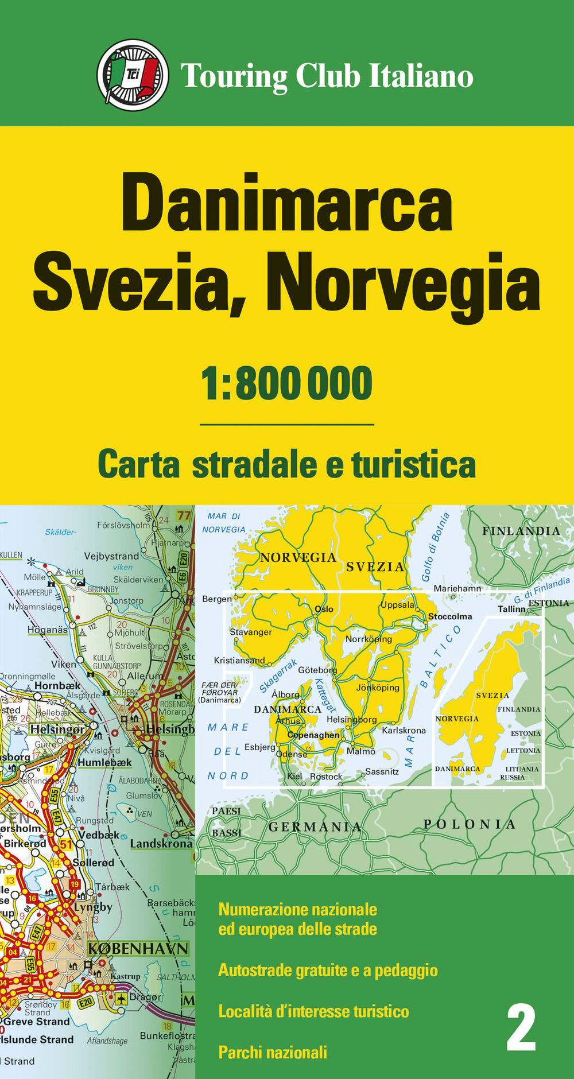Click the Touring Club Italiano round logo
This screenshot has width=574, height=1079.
133,75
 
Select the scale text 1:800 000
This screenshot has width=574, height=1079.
286,383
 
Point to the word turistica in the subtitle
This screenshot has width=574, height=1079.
413,465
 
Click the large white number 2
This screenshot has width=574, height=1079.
521,1028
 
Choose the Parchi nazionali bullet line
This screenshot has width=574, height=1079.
273,1052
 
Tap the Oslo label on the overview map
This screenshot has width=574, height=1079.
324,609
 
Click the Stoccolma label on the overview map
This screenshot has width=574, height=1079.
450,616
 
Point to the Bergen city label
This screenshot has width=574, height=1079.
217,599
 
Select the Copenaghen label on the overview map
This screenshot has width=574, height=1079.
313,735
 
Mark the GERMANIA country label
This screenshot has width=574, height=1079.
315,827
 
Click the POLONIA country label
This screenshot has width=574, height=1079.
470,824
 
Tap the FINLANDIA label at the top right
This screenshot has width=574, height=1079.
521,531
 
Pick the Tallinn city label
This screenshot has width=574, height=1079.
511,608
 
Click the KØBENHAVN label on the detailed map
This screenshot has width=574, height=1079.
138,948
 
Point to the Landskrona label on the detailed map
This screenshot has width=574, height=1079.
161,844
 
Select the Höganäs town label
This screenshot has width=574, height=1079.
48,630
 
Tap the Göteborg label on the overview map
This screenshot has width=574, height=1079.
317,670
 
